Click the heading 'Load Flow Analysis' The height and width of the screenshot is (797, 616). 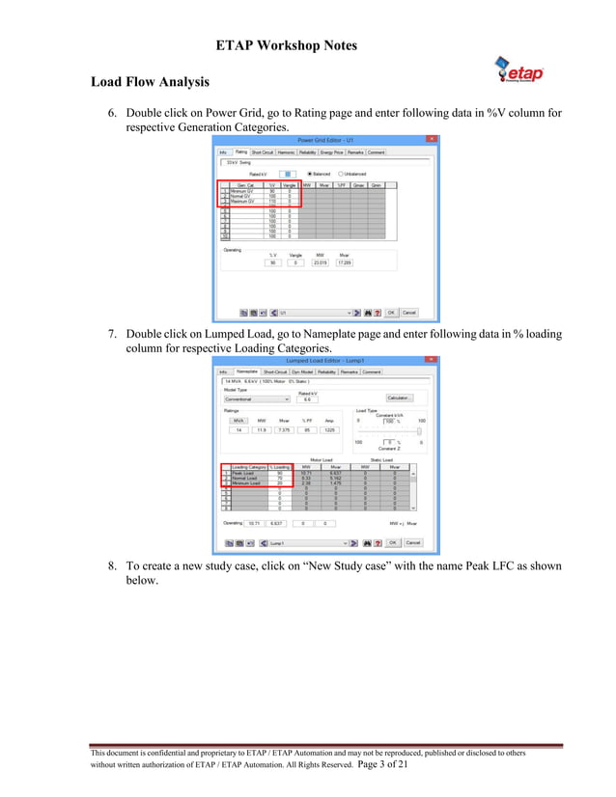tap(151, 82)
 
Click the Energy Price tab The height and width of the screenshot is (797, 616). tap(332, 151)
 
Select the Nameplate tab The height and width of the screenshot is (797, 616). tap(246, 371)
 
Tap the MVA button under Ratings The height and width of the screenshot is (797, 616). tap(238, 421)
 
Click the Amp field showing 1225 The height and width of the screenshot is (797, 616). tap(329, 430)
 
